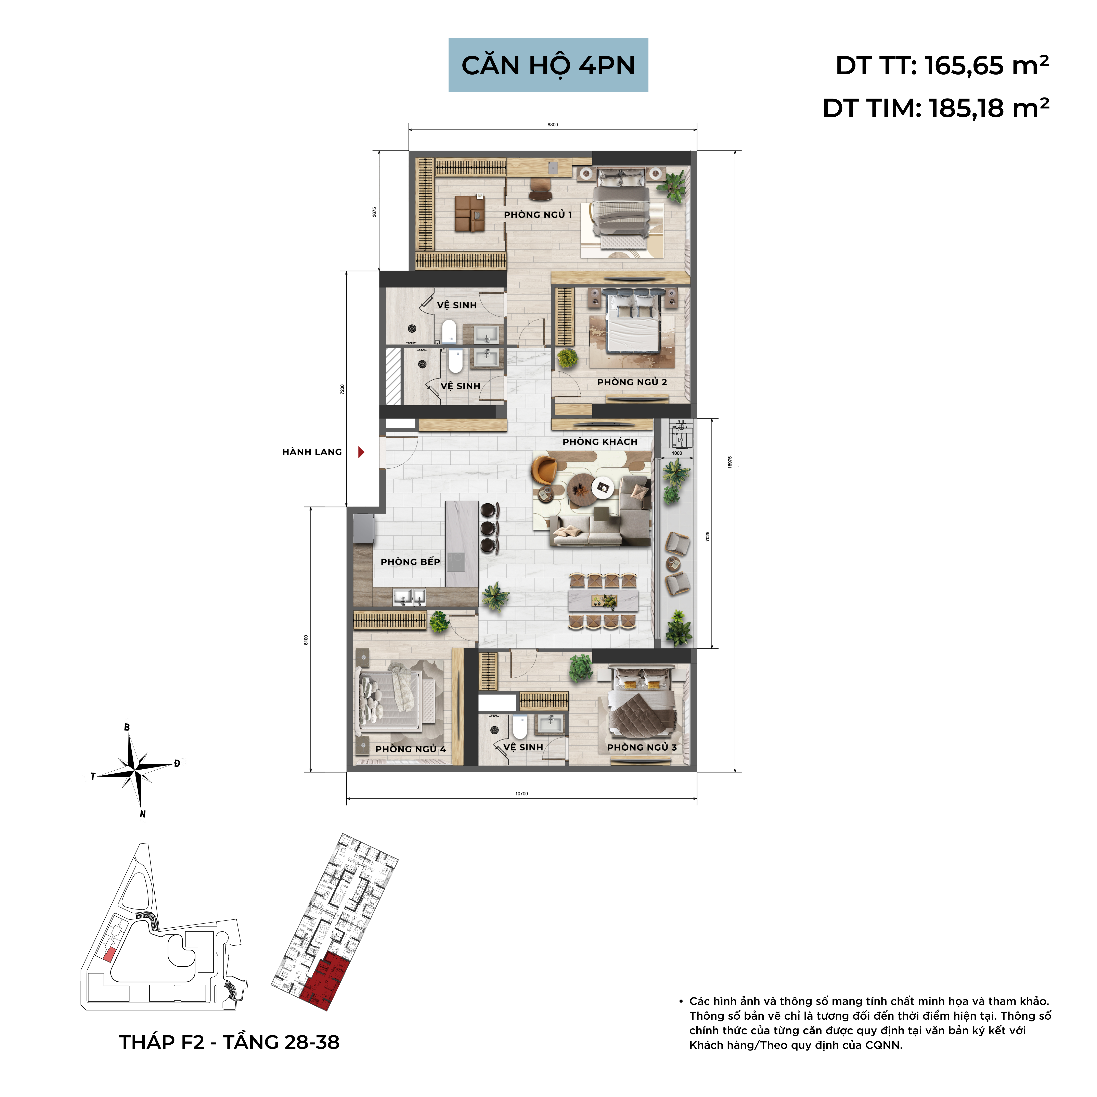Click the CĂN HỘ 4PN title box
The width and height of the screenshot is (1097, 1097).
(x=548, y=65)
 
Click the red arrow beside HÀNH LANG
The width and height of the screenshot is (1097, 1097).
(x=361, y=452)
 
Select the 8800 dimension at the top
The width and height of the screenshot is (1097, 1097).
(x=553, y=124)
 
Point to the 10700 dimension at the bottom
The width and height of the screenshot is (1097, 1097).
(x=521, y=794)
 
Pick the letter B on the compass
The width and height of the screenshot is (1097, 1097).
(x=127, y=727)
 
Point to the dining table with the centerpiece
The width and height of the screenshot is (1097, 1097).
(x=603, y=601)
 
